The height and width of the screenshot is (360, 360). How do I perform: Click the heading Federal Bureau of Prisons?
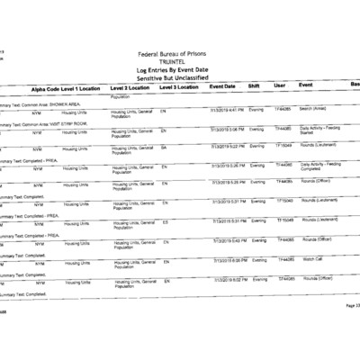180,54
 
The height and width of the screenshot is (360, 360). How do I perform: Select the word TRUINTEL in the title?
180,62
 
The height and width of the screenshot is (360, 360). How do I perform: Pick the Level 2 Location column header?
130,88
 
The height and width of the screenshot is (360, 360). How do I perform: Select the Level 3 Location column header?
179,87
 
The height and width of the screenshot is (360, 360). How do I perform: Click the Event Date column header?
222,86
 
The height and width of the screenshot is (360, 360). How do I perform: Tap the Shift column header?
254,86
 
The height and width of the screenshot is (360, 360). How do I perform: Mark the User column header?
280,85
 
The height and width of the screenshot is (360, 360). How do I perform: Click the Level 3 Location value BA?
164,148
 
